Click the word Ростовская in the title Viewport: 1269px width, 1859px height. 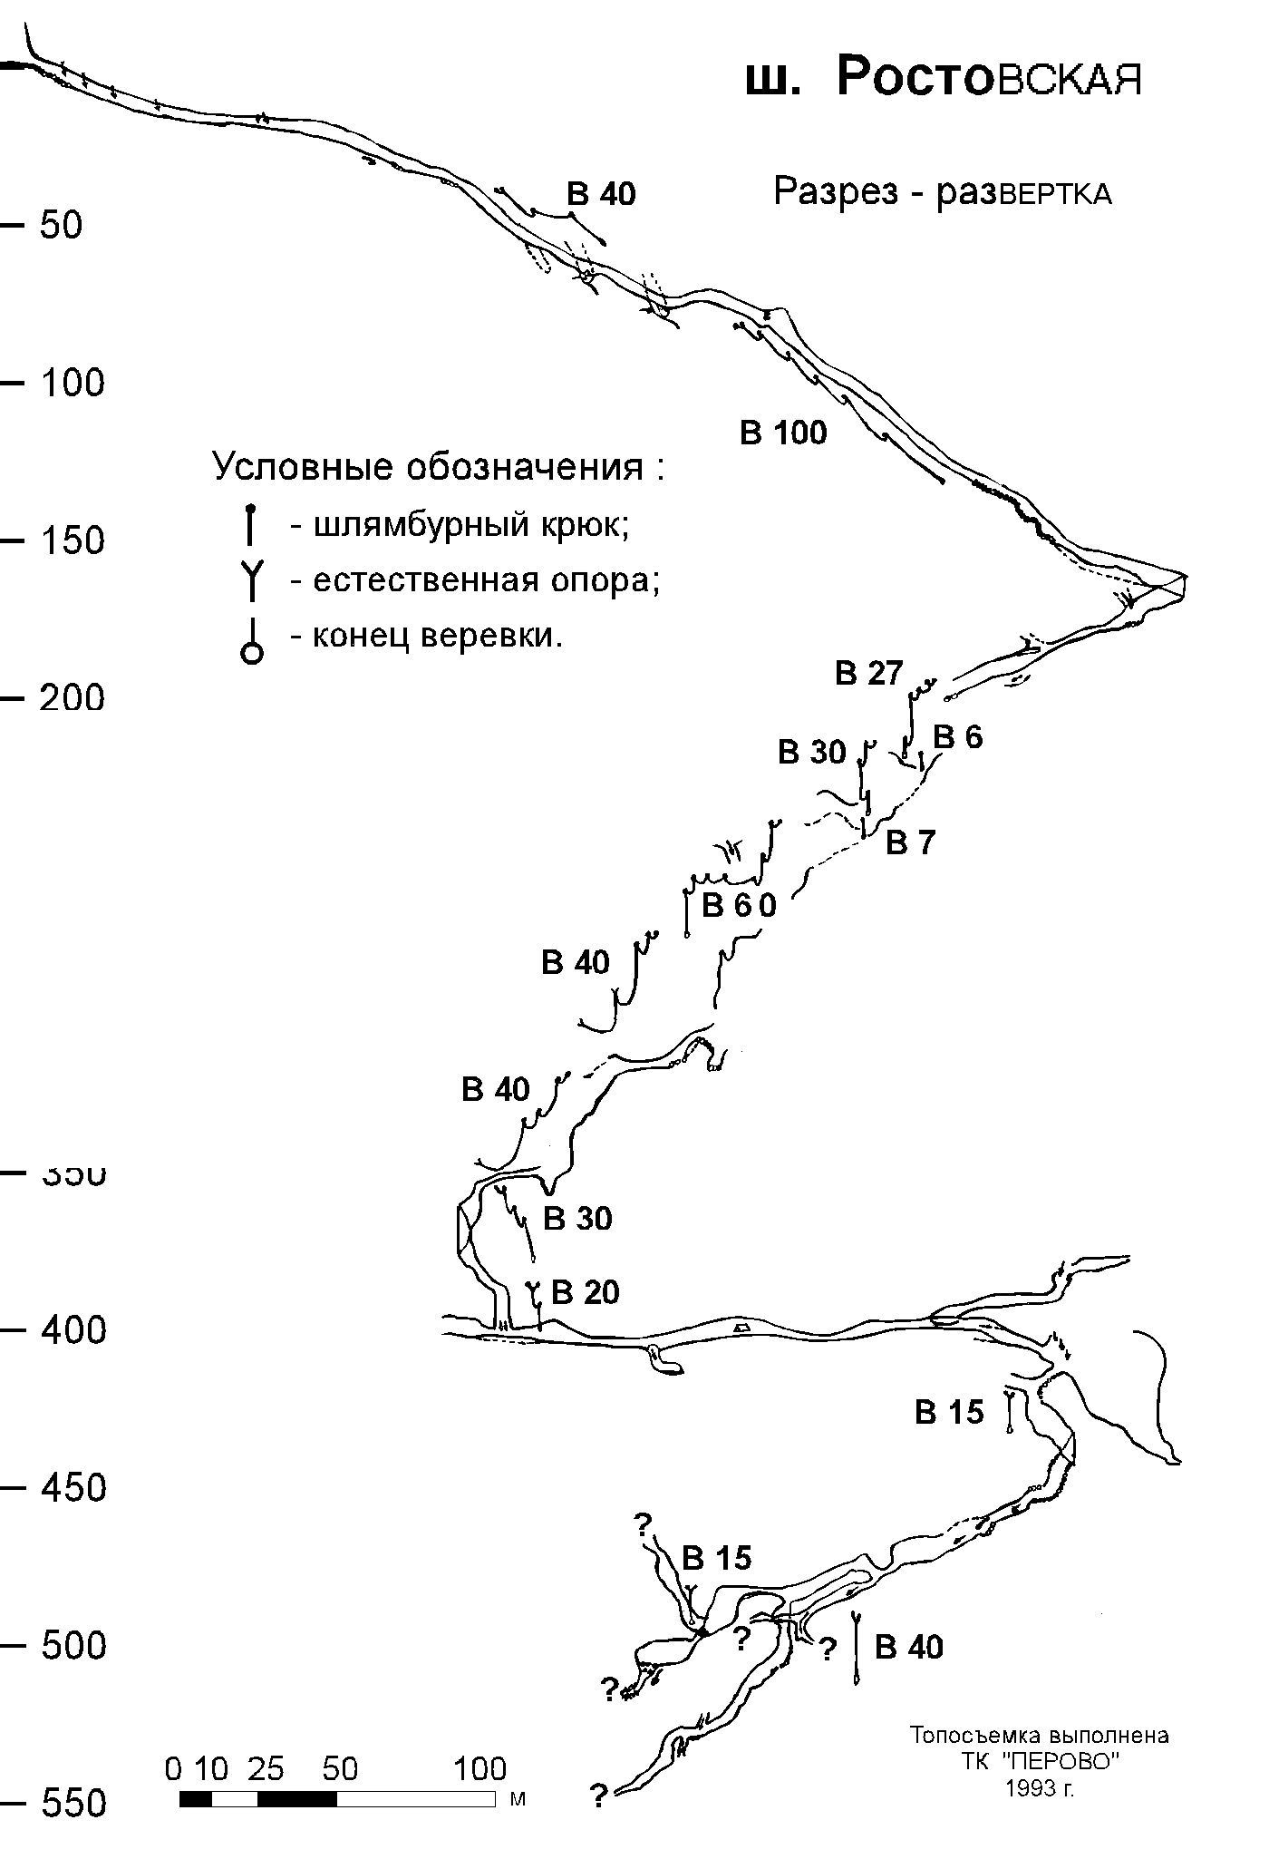click(x=989, y=78)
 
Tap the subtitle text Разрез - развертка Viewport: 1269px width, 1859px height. click(x=943, y=192)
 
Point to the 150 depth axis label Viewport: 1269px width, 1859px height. click(x=73, y=540)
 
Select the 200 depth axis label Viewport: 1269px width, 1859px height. click(x=73, y=698)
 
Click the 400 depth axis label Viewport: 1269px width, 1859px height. click(x=73, y=1330)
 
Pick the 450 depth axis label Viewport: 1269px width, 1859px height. click(x=73, y=1488)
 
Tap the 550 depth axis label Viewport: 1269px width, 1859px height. click(x=73, y=1805)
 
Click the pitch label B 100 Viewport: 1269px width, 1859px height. click(x=784, y=433)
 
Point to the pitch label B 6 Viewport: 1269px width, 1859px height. click(x=958, y=737)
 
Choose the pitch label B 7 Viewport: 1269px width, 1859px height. click(x=910, y=843)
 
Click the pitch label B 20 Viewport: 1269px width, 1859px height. click(x=586, y=1292)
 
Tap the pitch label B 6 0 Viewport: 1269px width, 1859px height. click(x=740, y=905)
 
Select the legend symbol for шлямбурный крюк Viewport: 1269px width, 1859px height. click(x=251, y=525)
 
